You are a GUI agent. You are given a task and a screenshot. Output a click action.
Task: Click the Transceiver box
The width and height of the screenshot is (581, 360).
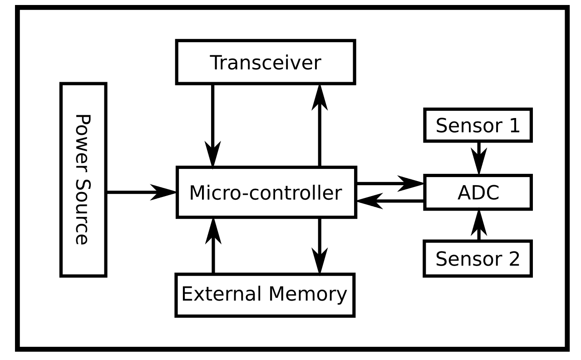pos(266,62)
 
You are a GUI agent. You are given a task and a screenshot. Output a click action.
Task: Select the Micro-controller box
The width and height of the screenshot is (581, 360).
pos(266,192)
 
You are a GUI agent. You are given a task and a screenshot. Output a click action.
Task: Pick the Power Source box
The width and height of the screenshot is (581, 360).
pos(84,179)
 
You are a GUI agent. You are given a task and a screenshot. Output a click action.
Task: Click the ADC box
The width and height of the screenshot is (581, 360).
pos(478,192)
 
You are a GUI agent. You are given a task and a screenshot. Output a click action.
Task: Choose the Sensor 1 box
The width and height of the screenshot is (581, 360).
pos(478,125)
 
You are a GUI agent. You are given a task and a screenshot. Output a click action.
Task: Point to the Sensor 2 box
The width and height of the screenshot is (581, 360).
pos(478,259)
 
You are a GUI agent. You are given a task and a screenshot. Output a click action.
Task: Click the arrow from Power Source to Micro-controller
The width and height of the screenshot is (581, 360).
pos(141,192)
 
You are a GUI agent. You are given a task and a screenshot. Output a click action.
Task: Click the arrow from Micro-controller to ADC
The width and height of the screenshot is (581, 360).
pos(390,183)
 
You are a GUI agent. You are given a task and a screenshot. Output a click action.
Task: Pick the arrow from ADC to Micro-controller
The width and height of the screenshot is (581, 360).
pos(390,201)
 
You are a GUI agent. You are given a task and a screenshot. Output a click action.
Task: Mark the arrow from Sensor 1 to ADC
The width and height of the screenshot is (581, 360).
pos(478,158)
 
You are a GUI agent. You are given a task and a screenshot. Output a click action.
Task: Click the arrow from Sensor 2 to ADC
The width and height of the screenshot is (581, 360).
pos(478,225)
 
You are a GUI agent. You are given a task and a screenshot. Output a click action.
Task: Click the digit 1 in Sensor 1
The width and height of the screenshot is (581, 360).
pos(513,125)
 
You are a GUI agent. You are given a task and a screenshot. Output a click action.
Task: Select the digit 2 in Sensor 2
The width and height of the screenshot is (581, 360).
pos(513,259)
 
